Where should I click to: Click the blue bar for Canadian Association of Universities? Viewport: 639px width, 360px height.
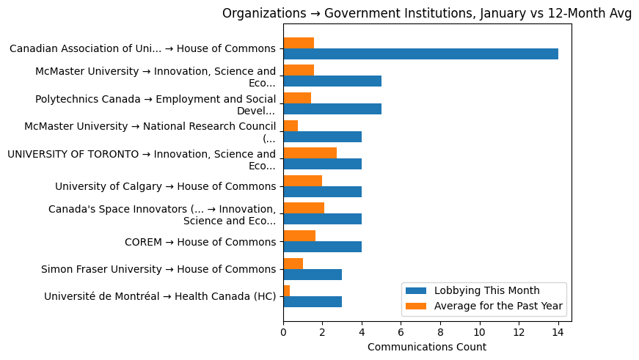click(420, 54)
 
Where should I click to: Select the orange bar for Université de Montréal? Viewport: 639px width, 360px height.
click(286, 291)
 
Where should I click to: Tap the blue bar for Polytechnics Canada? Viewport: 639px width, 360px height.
click(332, 109)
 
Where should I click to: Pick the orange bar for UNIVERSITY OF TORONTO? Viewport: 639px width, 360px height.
click(310, 153)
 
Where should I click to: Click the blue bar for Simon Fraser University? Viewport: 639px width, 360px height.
click(313, 274)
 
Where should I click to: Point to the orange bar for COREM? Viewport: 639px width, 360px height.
click(299, 235)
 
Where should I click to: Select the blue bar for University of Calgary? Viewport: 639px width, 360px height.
click(322, 191)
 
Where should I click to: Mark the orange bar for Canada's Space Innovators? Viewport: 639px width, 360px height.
click(304, 208)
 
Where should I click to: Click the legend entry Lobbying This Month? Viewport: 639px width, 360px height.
click(486, 290)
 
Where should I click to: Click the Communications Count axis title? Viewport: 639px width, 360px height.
click(426, 347)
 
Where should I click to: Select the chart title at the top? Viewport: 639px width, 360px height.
click(426, 13)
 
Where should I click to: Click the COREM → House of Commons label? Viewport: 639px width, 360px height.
click(200, 241)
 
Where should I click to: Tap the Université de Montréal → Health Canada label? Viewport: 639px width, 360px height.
click(160, 296)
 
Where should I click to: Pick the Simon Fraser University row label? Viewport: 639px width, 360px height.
click(158, 269)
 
